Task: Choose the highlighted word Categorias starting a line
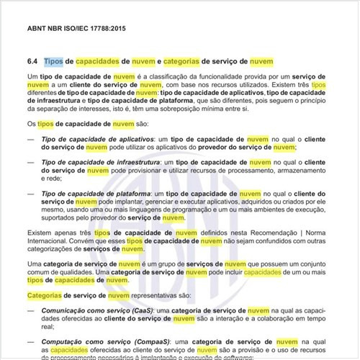tap(46, 295)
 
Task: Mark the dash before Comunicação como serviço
tap(31, 310)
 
